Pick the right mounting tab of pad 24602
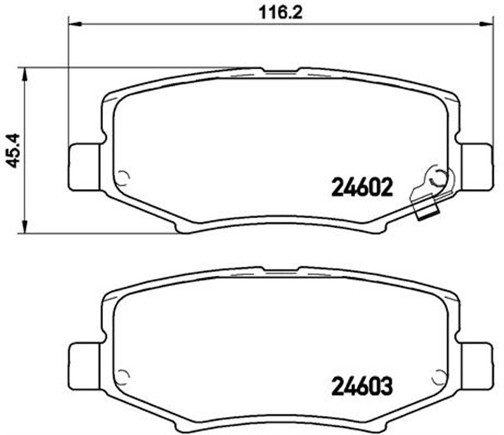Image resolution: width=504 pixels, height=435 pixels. coord(476,168)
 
